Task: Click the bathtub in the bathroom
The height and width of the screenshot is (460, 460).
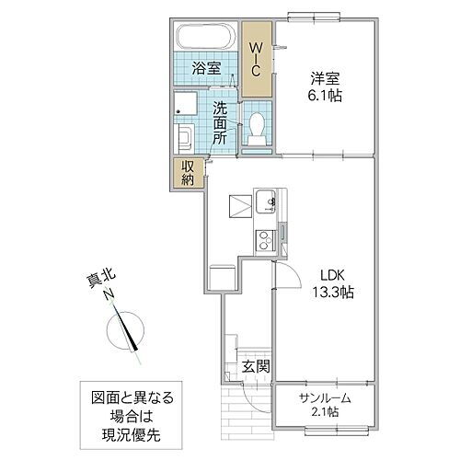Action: [x=206, y=40]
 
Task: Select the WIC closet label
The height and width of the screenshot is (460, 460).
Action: [x=259, y=58]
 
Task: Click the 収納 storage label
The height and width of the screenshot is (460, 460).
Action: [x=187, y=172]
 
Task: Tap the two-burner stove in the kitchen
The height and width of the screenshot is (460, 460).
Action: [x=266, y=240]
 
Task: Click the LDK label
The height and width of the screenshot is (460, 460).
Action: [x=333, y=274]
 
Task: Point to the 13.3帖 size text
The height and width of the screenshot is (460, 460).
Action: [x=333, y=292]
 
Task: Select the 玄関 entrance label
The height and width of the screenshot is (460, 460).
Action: [x=256, y=367]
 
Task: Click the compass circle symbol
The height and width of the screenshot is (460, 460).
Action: [x=126, y=328]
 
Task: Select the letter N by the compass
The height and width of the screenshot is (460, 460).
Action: [x=109, y=295]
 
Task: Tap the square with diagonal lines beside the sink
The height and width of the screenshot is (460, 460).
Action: [x=239, y=203]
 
